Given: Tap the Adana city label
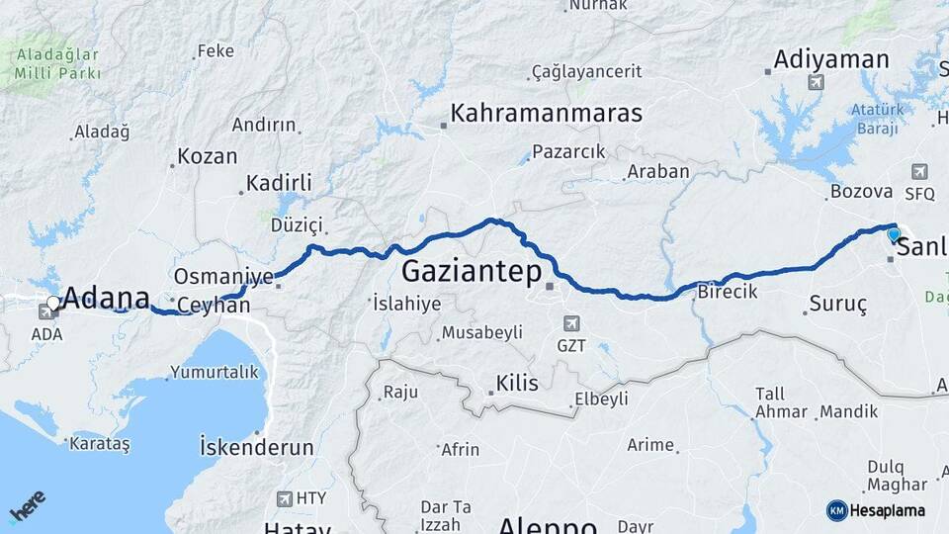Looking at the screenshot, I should (x=107, y=299).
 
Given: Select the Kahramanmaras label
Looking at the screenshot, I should (x=546, y=113).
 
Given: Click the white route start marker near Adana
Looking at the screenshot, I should (x=53, y=303).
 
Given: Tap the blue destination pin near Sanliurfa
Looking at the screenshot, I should (x=894, y=235).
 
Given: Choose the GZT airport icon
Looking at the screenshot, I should (x=570, y=323).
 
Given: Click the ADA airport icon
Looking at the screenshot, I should (x=46, y=312).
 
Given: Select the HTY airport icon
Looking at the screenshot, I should (x=286, y=499).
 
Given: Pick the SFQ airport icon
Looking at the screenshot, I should (x=920, y=171).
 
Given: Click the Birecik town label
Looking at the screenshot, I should (x=727, y=292).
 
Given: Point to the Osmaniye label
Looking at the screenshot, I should (x=222, y=276).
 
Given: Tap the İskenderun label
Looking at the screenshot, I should (x=257, y=447).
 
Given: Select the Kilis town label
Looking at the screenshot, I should (x=518, y=383).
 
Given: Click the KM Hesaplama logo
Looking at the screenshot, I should (x=876, y=510).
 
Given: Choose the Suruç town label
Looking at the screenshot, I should (x=837, y=305).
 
